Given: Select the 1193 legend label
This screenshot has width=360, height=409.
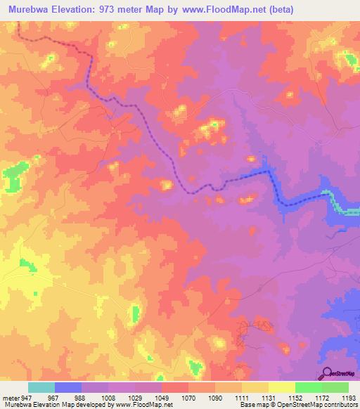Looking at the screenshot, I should point(348,397).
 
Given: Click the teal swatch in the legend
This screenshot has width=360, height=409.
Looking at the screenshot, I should point(41,387).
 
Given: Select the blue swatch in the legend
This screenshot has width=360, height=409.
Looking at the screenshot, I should point(68,387).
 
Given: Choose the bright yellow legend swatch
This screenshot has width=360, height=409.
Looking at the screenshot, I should point(281,387).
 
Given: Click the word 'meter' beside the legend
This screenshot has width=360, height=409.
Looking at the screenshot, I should point(10,397).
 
